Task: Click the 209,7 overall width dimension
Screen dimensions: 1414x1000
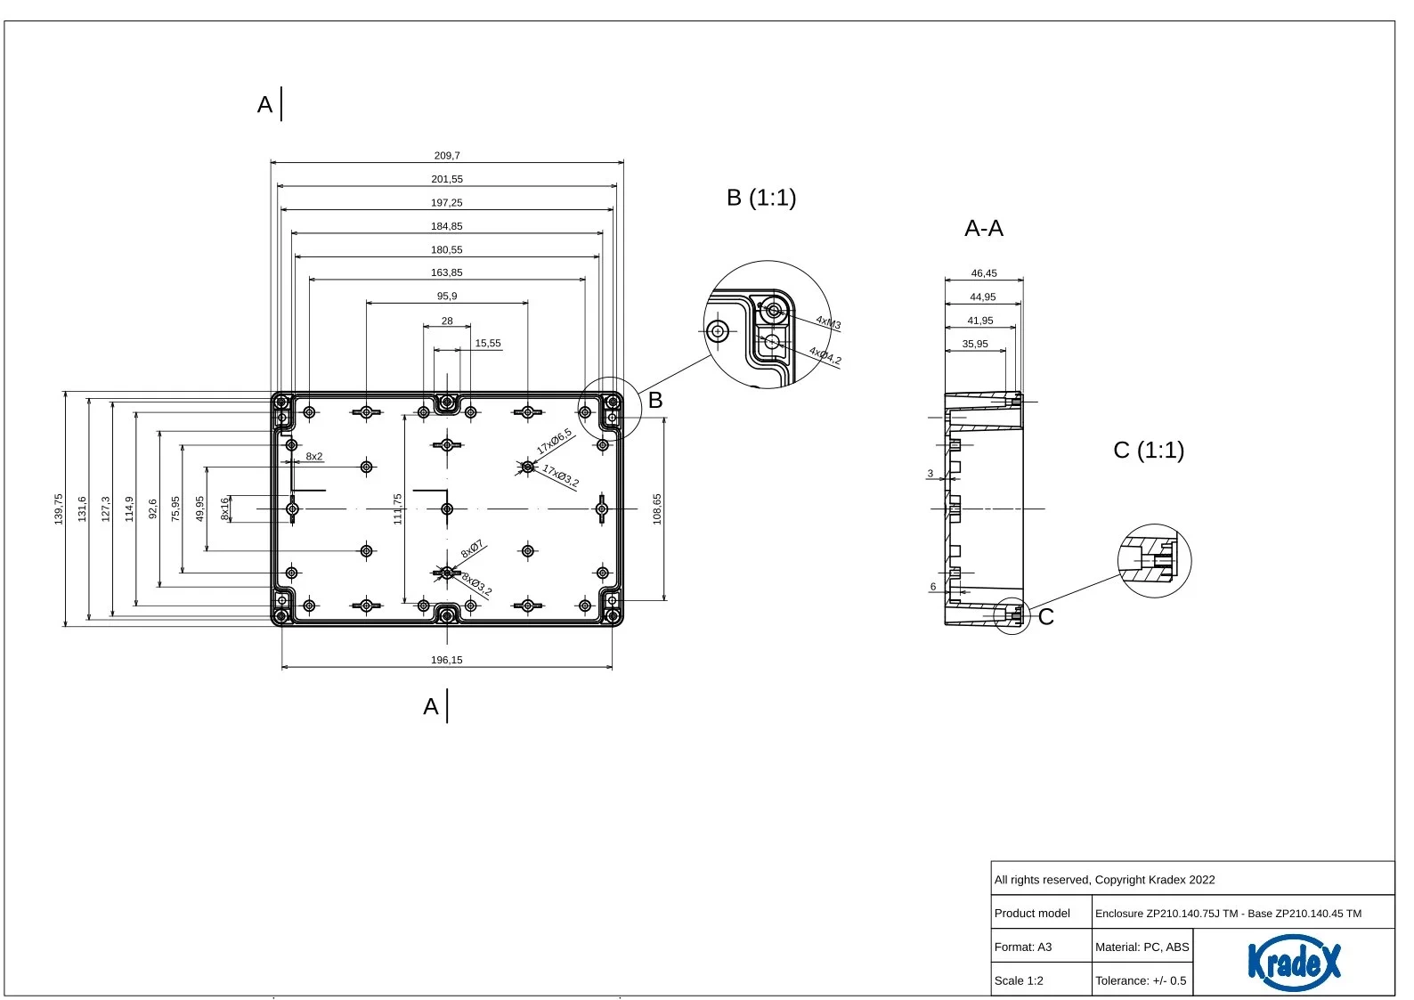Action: (447, 155)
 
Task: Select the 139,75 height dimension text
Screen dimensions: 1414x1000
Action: (59, 508)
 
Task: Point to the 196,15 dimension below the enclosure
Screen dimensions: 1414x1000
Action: (447, 660)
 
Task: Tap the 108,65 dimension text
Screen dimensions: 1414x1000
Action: (657, 508)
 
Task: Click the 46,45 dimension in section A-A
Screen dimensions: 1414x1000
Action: (984, 273)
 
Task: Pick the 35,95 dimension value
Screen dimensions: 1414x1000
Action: (975, 344)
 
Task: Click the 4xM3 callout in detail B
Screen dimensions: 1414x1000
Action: (828, 322)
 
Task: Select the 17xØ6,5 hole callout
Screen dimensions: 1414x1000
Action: (554, 441)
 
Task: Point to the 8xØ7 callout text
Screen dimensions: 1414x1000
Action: (472, 549)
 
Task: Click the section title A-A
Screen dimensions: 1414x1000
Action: (984, 228)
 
